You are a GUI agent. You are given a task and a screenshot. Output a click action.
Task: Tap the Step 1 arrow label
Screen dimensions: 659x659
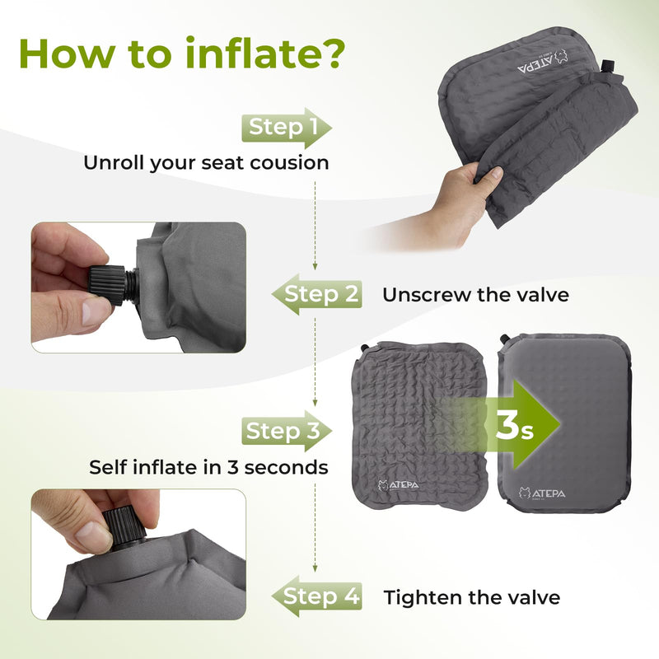click(285, 127)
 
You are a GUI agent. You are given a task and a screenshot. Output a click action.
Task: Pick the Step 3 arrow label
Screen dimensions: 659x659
click(285, 431)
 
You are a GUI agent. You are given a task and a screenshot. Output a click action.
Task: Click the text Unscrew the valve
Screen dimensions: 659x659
click(475, 294)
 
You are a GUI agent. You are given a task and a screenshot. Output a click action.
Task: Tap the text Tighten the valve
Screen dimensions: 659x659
click(471, 596)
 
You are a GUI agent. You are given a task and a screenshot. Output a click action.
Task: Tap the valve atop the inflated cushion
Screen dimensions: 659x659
click(504, 339)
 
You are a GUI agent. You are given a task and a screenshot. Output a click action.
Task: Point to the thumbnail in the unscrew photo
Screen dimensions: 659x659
click(96, 311)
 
